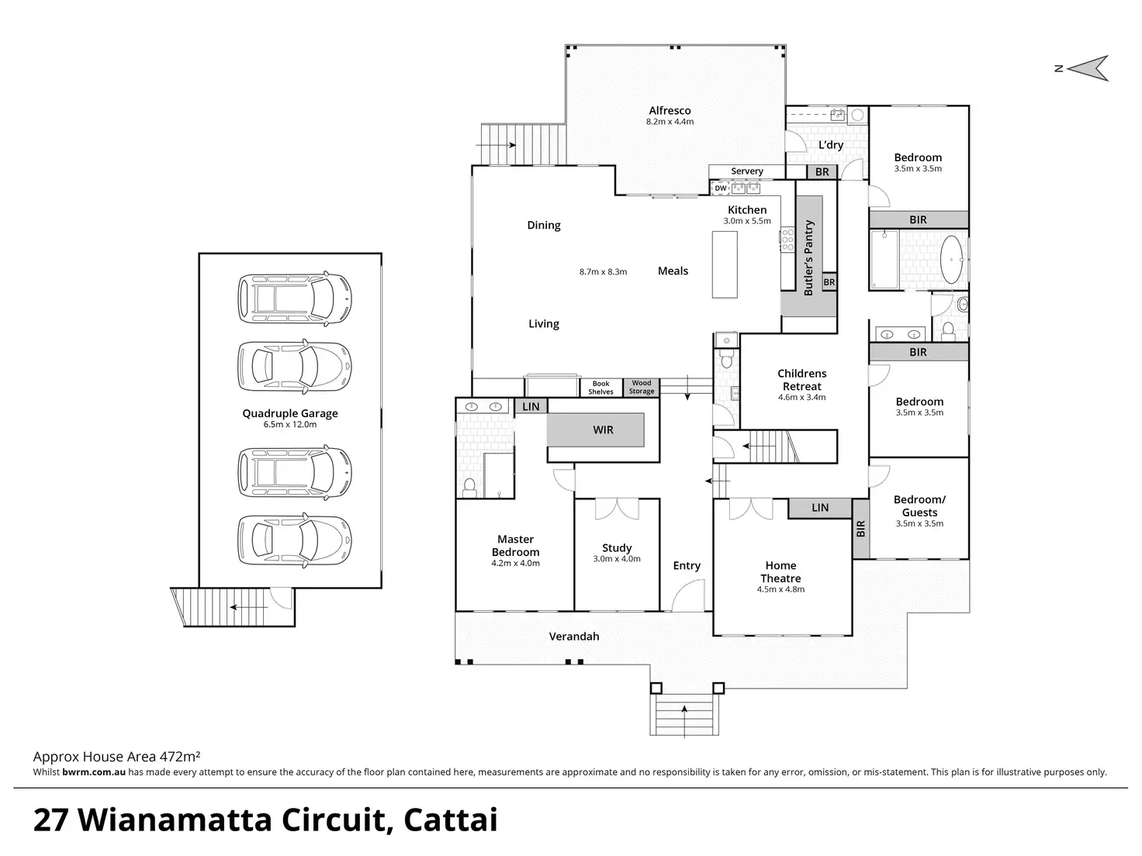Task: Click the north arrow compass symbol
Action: point(1085,68)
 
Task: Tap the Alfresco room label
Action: point(670,111)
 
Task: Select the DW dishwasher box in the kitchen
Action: point(721,188)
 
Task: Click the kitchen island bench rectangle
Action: point(724,264)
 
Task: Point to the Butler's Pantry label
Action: point(808,258)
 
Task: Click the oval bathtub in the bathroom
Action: point(952,260)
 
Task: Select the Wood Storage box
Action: point(641,387)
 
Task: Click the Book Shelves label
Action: point(600,388)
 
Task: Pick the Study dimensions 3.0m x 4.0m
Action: point(617,559)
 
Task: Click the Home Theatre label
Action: point(780,571)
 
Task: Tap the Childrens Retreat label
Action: point(801,380)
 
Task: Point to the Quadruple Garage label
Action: point(290,413)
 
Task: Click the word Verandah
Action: point(574,636)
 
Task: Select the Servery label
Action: point(746,171)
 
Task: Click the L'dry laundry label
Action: point(830,145)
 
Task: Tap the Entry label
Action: point(687,565)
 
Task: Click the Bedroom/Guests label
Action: point(919,506)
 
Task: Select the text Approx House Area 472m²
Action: point(116,756)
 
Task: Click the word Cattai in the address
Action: point(451,820)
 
